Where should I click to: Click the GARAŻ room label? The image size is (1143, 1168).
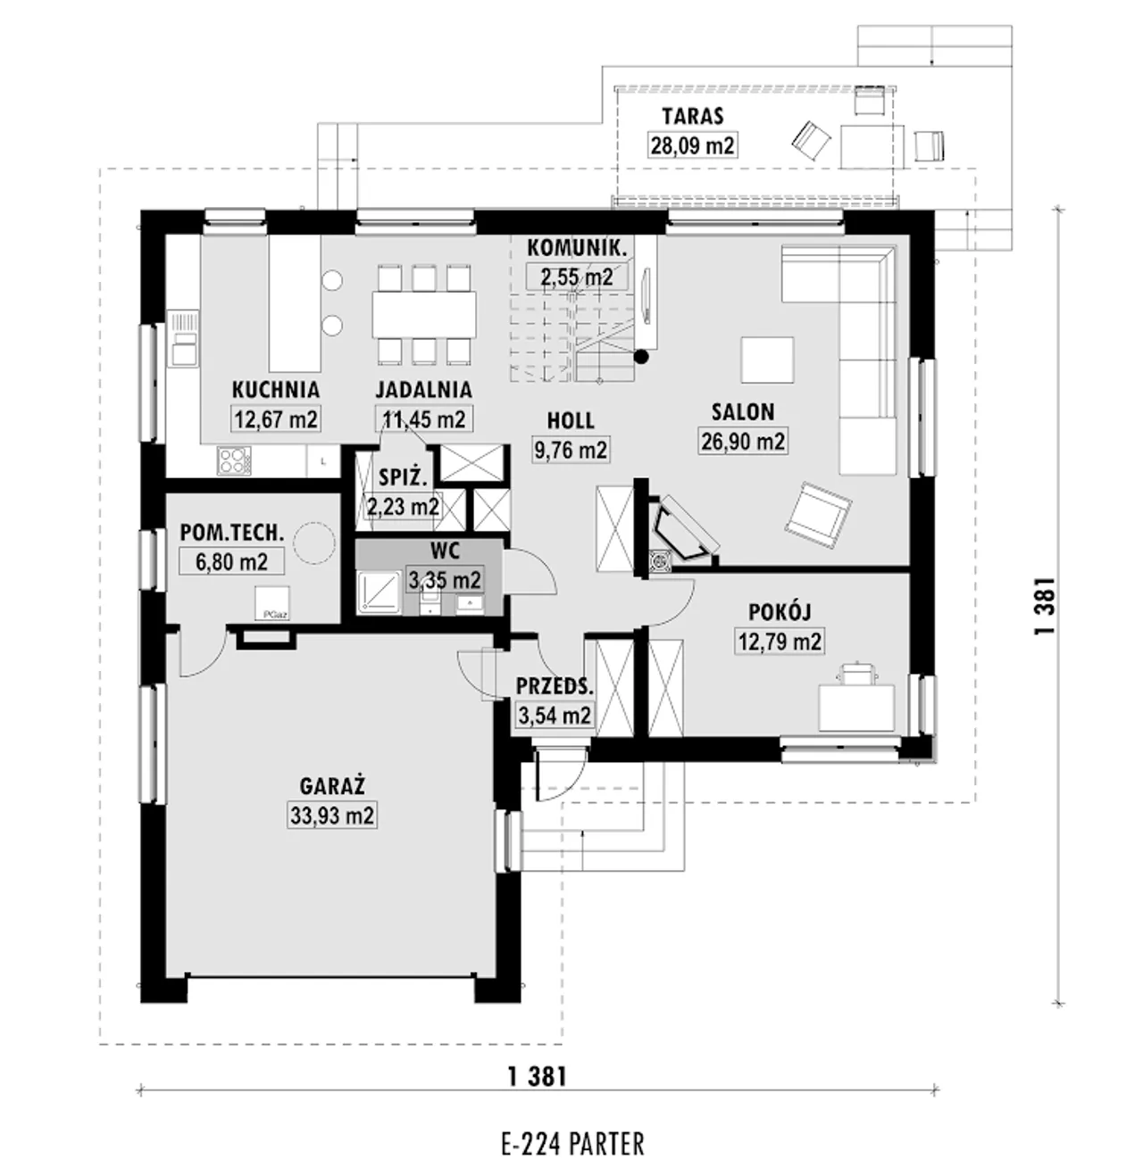(x=332, y=786)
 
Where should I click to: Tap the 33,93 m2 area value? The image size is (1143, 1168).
(x=332, y=816)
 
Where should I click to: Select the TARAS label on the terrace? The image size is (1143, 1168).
(x=693, y=116)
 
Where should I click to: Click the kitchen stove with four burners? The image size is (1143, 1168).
(x=234, y=461)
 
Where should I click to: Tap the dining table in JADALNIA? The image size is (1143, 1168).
(x=424, y=314)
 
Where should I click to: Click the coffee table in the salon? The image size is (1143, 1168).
(x=767, y=360)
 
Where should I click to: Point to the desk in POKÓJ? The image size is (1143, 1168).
(x=856, y=708)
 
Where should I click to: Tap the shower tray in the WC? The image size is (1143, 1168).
(x=380, y=592)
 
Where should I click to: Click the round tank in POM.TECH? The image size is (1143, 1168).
(x=314, y=543)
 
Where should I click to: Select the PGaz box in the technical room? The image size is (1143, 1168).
(x=272, y=603)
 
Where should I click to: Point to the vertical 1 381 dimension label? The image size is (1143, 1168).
(x=1045, y=606)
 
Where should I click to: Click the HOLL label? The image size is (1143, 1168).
(x=571, y=420)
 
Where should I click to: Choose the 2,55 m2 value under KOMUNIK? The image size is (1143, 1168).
(x=577, y=277)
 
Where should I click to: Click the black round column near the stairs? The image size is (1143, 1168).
(x=641, y=357)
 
